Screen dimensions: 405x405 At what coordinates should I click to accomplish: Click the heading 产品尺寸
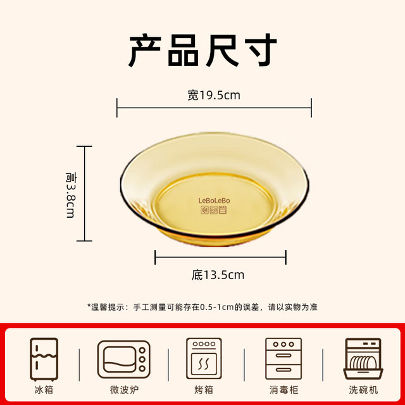202,50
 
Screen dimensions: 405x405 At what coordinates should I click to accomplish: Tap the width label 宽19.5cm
214,96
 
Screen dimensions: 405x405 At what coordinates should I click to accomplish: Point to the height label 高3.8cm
71,195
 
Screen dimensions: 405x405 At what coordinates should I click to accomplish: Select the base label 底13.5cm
218,275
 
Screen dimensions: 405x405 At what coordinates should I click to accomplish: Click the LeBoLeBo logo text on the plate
214,201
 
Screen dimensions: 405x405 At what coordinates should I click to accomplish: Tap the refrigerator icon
44,359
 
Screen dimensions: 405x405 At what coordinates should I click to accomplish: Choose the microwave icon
124,359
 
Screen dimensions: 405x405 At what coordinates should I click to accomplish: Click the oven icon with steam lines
204,358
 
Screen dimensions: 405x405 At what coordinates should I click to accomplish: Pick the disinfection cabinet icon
283,359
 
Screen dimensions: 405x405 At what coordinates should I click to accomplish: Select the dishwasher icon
363,359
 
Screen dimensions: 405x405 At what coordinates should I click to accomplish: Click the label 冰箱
44,390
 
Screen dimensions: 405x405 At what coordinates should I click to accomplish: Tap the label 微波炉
124,390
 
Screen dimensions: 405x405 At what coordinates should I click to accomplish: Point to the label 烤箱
204,390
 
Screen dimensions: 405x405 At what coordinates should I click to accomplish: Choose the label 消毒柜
284,390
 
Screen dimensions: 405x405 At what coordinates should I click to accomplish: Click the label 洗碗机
363,390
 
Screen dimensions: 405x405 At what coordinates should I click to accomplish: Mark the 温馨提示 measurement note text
202,307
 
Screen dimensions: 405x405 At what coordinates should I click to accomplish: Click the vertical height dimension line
84,194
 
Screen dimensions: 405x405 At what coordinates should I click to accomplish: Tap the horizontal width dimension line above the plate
214,108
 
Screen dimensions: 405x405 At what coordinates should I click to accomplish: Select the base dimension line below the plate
220,258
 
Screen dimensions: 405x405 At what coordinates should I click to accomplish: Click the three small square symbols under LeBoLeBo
214,209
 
